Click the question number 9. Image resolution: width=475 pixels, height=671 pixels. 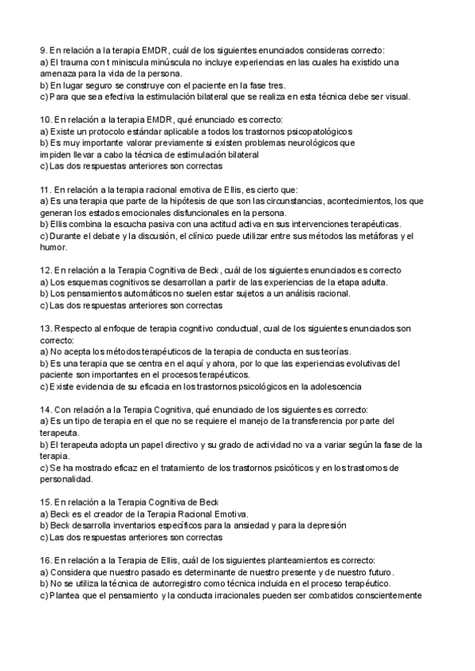tap(43, 49)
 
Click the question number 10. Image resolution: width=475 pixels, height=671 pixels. tap(44, 119)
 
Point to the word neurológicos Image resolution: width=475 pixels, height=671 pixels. tap(306, 143)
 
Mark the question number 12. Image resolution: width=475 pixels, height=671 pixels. tap(44, 271)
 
